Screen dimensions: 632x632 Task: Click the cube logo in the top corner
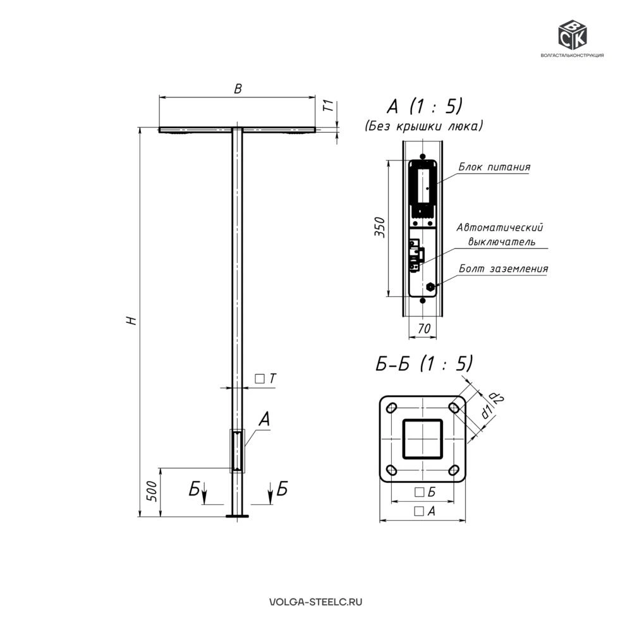pyautogui.click(x=572, y=35)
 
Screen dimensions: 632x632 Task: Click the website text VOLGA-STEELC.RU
pyautogui.click(x=315, y=602)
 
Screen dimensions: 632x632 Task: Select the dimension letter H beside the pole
pyautogui.click(x=132, y=321)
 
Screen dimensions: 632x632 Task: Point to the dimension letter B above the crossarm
pyautogui.click(x=238, y=88)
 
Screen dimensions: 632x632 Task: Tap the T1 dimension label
pyautogui.click(x=329, y=106)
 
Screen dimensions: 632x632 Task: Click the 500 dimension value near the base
pyautogui.click(x=151, y=491)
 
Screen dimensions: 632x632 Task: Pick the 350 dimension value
pyautogui.click(x=380, y=227)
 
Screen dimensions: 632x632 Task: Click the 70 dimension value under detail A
pyautogui.click(x=423, y=329)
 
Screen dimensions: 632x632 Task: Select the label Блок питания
pyautogui.click(x=495, y=167)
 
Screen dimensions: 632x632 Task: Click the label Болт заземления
pyautogui.click(x=504, y=269)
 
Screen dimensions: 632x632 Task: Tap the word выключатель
pyautogui.click(x=502, y=242)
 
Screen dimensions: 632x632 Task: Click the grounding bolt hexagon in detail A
pyautogui.click(x=430, y=286)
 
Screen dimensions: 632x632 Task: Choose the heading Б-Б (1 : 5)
pyautogui.click(x=424, y=364)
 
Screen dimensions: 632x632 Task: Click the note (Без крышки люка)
pyautogui.click(x=423, y=126)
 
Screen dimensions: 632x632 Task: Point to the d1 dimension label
pyautogui.click(x=487, y=412)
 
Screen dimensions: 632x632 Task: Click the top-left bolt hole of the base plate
pyautogui.click(x=391, y=408)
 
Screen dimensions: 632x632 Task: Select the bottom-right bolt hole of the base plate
pyautogui.click(x=454, y=470)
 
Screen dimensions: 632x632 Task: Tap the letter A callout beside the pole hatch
pyautogui.click(x=264, y=419)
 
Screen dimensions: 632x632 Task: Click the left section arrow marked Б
pyautogui.click(x=204, y=492)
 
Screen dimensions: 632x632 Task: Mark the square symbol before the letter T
pyautogui.click(x=260, y=379)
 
